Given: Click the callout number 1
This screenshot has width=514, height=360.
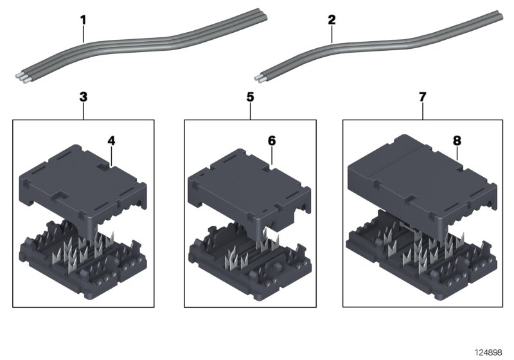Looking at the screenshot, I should pos(83,20).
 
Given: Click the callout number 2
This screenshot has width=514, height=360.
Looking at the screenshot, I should pos(332,20).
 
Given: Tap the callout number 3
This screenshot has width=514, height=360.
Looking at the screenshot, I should pos(83,97).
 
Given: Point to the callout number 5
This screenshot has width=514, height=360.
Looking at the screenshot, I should pos(250,97).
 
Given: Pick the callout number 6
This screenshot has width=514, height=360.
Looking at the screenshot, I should pos(271,139).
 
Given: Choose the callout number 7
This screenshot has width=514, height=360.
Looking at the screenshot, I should pos(422,97).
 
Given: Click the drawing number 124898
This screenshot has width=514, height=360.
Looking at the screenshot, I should pos(490,352).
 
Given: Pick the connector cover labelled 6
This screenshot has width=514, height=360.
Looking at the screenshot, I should pos(247,186).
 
